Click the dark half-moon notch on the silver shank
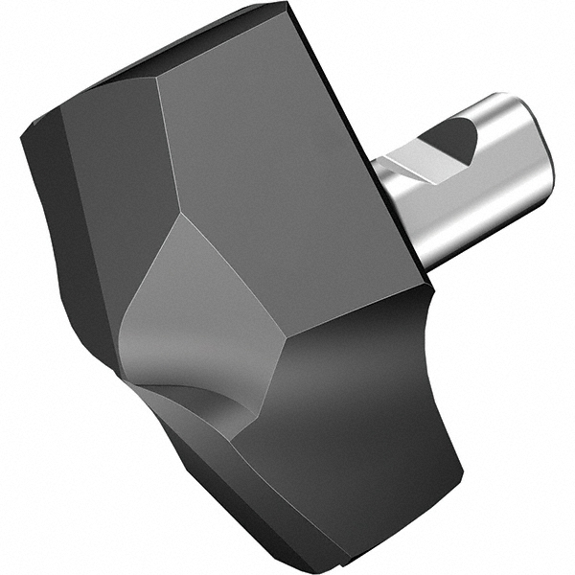450,141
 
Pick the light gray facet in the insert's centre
196,307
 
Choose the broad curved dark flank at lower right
364,422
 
